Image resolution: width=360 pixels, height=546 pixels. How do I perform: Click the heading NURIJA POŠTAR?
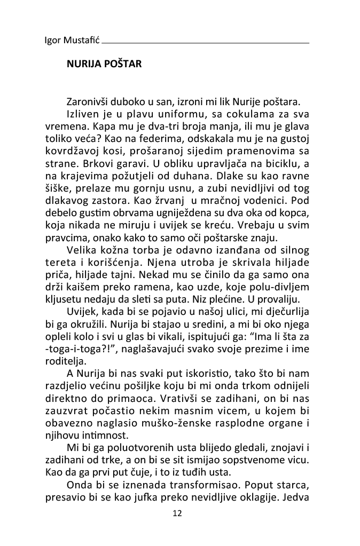[x=104, y=64]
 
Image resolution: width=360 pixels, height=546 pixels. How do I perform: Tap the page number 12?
[x=178, y=513]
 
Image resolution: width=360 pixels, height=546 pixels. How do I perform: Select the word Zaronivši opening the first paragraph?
[x=87, y=102]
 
